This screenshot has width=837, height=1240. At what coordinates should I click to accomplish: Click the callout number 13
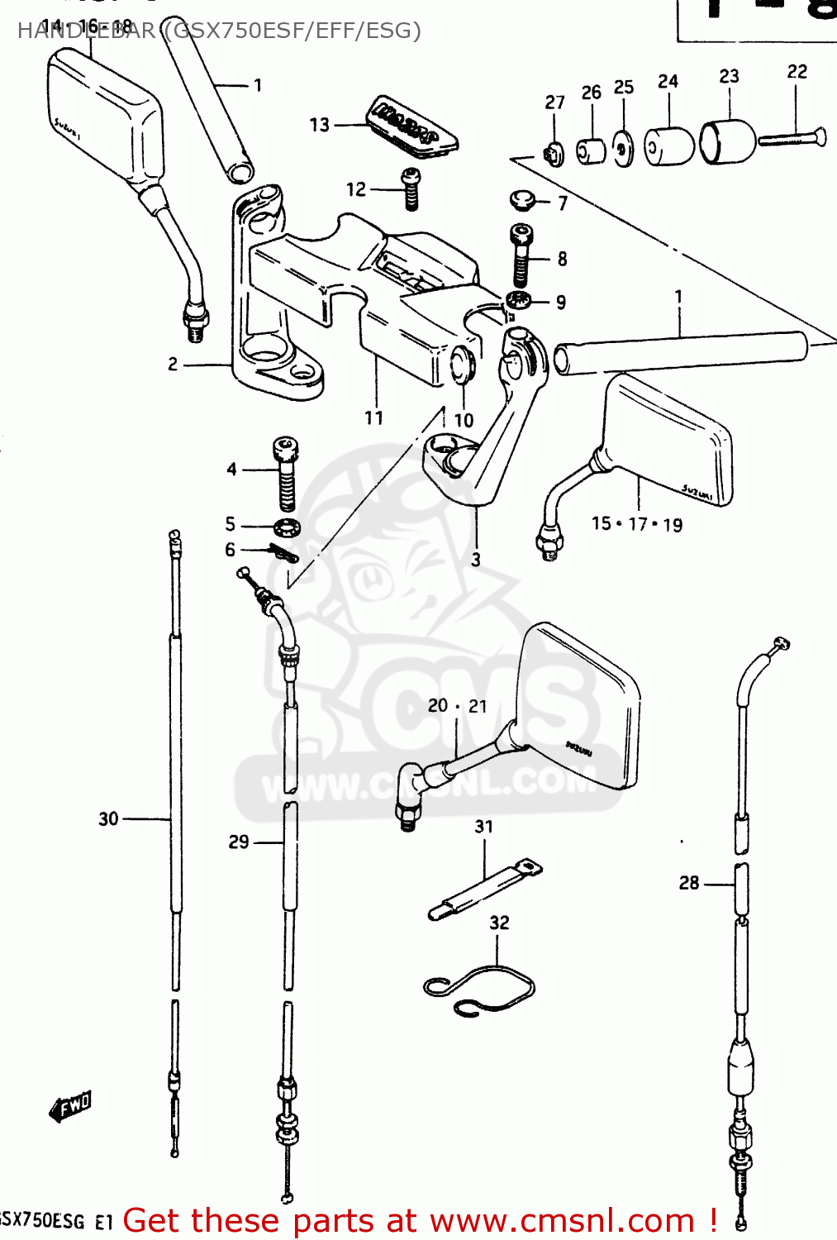coord(319,125)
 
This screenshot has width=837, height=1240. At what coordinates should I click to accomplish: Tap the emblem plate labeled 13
coord(413,124)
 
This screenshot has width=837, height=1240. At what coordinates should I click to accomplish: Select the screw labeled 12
coord(411,188)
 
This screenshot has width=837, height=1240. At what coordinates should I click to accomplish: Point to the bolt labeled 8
coord(521,255)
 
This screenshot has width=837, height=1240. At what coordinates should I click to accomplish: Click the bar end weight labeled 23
coord(727,141)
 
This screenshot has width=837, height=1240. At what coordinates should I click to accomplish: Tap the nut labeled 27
coord(554,153)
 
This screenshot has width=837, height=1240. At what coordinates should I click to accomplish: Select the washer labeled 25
coord(624,150)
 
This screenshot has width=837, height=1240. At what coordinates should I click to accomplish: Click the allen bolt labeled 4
coord(285,474)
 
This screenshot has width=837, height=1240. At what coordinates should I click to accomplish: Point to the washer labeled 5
coord(287,527)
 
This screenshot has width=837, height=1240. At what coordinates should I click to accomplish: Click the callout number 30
coord(108,819)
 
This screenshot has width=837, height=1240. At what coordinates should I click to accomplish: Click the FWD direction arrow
coord(70,1106)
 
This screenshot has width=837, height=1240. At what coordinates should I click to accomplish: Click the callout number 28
coord(688,884)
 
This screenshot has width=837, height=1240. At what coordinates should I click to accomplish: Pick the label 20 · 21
coord(457,706)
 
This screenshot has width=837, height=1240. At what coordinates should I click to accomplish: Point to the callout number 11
coord(373,418)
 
